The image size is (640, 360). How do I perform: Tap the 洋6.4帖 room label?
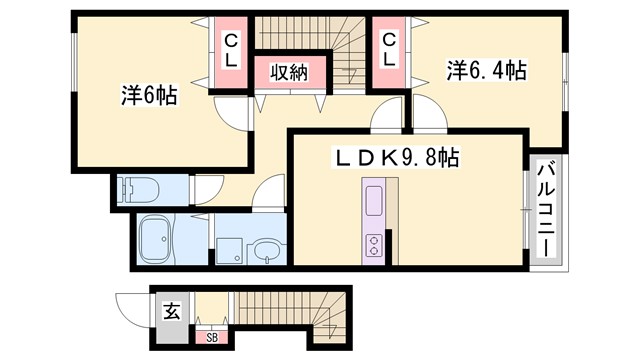coord(486,72)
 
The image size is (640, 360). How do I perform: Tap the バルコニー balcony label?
coord(546,212)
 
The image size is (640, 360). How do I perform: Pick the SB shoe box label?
coord(211,337)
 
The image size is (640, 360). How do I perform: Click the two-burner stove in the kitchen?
coord(374,243)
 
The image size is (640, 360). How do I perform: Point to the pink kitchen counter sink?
coord(374,201)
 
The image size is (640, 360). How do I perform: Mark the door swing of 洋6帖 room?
coord(229,114)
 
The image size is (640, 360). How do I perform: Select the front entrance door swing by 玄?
coord(133,304)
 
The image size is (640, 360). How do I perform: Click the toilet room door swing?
coord(208,189)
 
